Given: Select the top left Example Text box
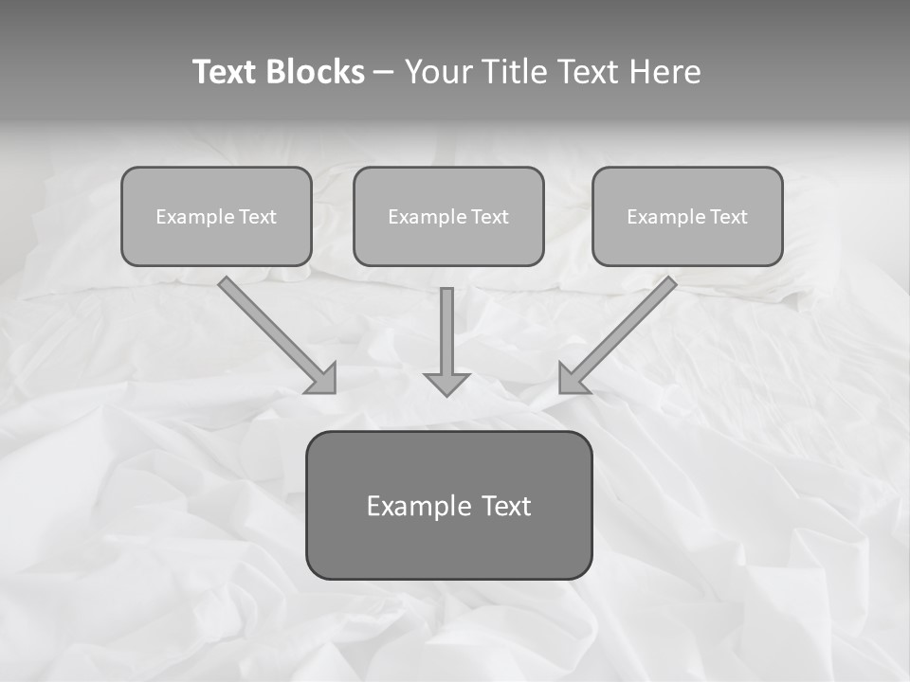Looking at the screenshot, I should (x=216, y=216).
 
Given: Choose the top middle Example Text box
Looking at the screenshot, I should (x=448, y=216).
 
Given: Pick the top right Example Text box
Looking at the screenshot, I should (x=687, y=216).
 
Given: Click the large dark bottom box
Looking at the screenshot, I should (x=448, y=505).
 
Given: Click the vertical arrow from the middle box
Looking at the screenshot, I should (x=446, y=332).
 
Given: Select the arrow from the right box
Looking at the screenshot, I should (x=626, y=328).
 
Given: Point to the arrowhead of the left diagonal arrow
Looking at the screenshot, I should (x=323, y=381).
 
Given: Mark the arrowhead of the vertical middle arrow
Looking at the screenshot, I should (x=446, y=384).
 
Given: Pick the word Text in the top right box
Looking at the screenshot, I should (x=729, y=217).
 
